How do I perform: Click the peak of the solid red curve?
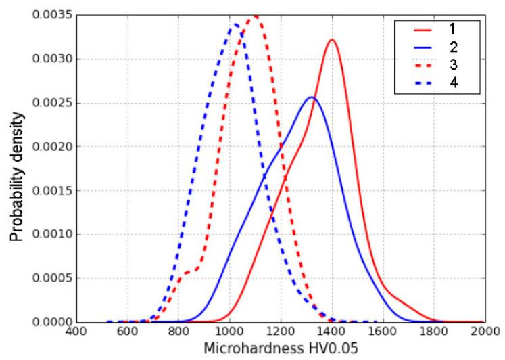(332, 40)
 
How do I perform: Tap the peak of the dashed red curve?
(255, 16)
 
